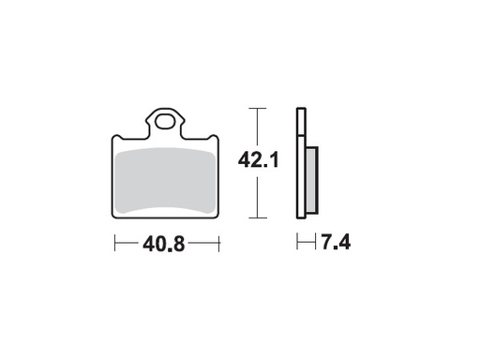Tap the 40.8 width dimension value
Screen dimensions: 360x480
163,245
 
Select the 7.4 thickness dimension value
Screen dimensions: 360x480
335,245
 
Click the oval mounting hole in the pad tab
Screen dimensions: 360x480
166,120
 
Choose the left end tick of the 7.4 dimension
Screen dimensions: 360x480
298,244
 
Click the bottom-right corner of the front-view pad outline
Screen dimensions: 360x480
217,217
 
